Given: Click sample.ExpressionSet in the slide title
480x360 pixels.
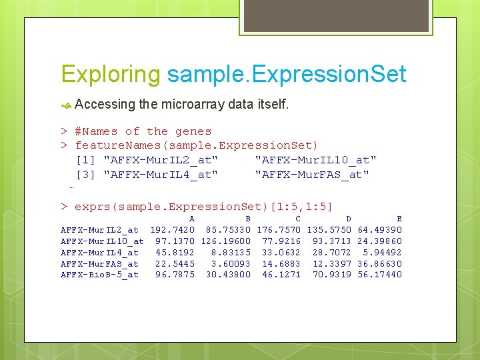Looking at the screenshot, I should click(287, 74).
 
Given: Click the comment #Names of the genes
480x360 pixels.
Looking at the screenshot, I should click(143, 131).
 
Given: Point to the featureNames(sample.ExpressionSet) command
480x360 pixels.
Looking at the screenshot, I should click(197, 145).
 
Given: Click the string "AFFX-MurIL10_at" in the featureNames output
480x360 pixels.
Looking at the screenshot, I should click(315, 160).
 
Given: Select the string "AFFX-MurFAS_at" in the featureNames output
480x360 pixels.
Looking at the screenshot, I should click(312, 175).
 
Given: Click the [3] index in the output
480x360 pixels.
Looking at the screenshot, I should click(86, 175).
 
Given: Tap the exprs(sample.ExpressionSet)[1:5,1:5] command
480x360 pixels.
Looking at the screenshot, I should click(203, 206).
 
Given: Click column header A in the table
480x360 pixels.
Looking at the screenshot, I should click(192, 219).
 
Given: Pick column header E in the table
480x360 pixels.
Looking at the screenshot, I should click(399, 219).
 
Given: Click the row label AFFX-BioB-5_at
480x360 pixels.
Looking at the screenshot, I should click(99, 275).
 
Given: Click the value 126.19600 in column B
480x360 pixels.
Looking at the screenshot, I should click(226, 241).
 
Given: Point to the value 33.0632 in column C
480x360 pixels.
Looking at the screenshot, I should click(281, 253).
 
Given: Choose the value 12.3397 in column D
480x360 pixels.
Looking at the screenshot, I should click(332, 264).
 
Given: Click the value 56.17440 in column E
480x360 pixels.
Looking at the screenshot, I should click(380, 275).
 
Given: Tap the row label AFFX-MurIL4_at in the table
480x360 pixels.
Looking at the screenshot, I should click(99, 253).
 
